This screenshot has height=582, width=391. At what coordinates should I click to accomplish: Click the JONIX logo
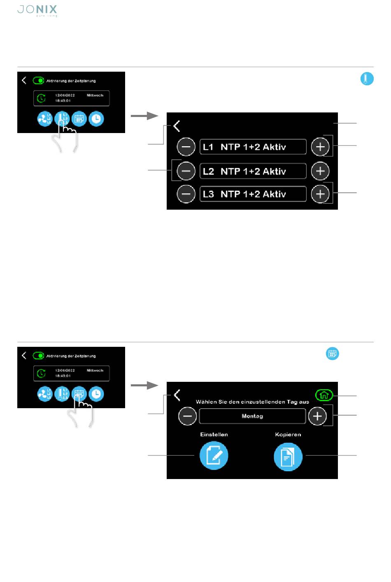click(37, 10)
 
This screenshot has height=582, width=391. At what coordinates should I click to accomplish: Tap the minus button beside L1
click(186, 147)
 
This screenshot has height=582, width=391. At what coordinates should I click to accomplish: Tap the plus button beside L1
click(320, 147)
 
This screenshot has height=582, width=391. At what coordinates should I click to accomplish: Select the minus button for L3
click(186, 194)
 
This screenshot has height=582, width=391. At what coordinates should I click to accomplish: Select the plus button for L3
click(320, 194)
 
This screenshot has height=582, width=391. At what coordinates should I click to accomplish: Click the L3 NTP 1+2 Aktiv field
click(253, 194)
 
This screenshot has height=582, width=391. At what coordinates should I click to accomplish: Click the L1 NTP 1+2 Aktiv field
click(253, 147)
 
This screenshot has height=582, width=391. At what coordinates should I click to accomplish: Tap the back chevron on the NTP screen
click(177, 126)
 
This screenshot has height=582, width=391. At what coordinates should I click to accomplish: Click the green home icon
click(324, 395)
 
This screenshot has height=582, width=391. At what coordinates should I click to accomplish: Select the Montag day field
click(252, 416)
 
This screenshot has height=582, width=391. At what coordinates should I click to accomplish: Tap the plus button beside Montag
click(317, 416)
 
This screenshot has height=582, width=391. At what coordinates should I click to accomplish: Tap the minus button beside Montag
click(187, 416)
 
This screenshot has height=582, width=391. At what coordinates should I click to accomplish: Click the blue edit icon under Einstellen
click(214, 456)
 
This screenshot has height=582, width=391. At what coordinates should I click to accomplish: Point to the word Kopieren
click(288, 435)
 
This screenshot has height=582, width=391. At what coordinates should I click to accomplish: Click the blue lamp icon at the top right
click(367, 79)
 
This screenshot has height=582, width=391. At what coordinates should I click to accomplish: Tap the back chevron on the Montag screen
click(177, 395)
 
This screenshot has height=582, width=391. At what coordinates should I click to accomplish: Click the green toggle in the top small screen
click(38, 81)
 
